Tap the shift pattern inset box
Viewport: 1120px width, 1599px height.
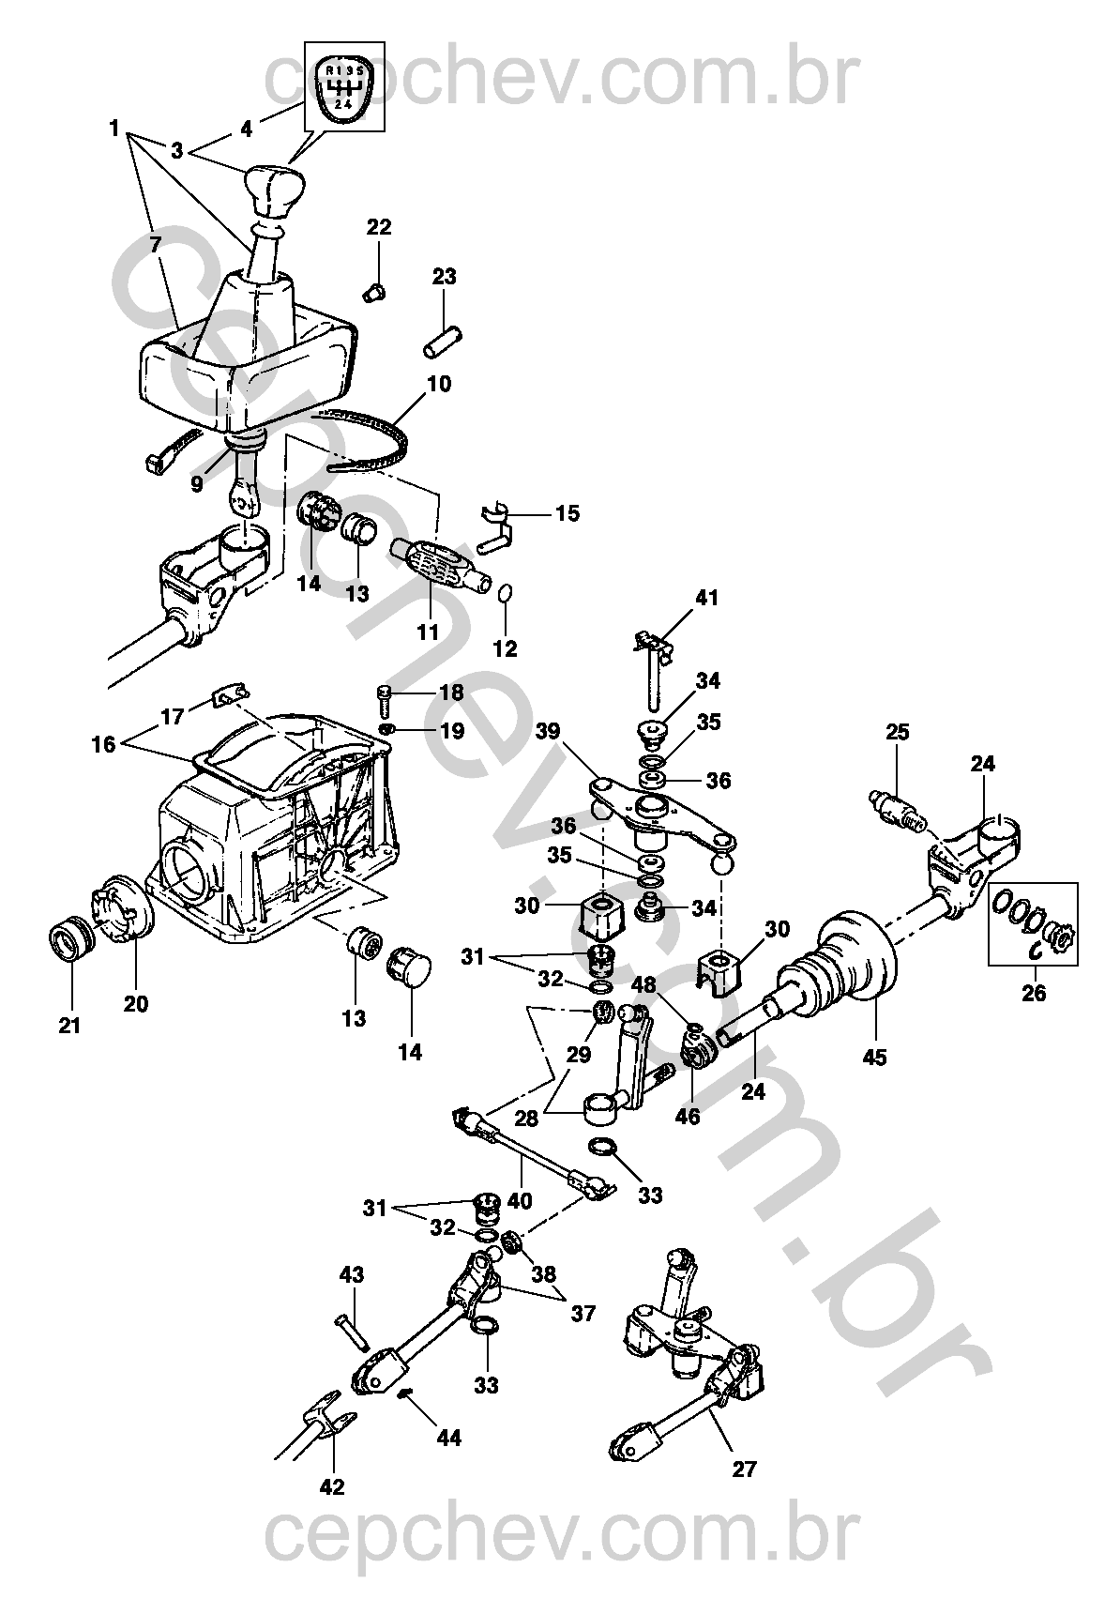coord(344,86)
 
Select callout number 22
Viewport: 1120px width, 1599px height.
coord(380,227)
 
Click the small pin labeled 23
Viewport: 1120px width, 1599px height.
coord(443,342)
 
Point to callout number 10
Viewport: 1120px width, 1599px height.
coord(439,384)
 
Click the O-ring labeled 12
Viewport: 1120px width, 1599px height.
coord(505,593)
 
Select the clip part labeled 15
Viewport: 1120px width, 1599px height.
coord(497,526)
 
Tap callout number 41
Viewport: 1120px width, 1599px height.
coord(707,597)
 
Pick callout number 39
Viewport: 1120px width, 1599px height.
coord(548,731)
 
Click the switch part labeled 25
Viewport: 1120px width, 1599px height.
coord(896,809)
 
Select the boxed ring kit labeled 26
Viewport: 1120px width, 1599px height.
coord(1032,923)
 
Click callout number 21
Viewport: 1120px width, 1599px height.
coord(69,1026)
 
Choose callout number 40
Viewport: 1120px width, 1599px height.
coord(520,1201)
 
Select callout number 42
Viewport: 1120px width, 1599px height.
coord(332,1486)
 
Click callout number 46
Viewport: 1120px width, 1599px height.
coord(688,1116)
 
